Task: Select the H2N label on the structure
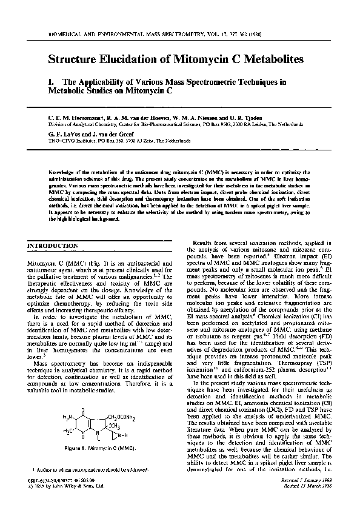pos(68,398)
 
